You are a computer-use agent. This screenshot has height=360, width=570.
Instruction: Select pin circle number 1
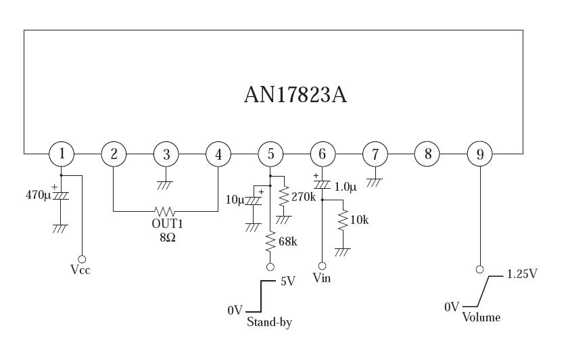[x=62, y=154]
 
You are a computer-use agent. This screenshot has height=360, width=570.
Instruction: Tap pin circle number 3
[x=166, y=154]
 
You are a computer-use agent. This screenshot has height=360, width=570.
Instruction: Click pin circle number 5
[x=270, y=154]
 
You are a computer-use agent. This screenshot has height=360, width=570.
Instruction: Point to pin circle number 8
[x=427, y=154]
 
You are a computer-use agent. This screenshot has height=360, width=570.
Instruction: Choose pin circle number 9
[x=479, y=154]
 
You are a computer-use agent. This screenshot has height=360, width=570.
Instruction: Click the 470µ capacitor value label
[x=39, y=196]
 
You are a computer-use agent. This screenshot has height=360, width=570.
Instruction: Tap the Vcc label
[x=80, y=270]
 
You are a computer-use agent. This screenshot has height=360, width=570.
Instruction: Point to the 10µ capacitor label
[x=235, y=200]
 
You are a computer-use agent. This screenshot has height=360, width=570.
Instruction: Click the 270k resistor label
[x=304, y=197]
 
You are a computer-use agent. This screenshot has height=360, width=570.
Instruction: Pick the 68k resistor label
[x=287, y=242]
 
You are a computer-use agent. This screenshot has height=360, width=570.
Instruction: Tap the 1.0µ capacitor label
[x=345, y=187]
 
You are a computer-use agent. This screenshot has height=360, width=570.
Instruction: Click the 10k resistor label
[x=359, y=219]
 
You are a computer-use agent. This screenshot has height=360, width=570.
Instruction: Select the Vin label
[x=322, y=278]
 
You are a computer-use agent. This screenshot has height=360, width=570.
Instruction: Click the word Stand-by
[x=269, y=323]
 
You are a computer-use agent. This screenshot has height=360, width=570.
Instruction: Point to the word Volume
[x=481, y=317]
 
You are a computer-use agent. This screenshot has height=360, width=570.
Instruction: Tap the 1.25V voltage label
[x=523, y=274]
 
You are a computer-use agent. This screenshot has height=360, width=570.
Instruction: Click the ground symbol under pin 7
[x=375, y=182]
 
